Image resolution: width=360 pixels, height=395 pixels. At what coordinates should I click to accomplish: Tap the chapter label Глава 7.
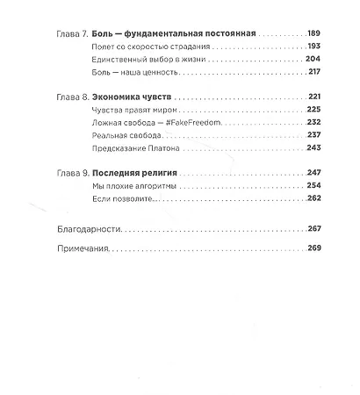tap(70, 33)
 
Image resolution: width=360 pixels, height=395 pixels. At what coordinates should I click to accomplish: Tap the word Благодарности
tap(85, 229)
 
